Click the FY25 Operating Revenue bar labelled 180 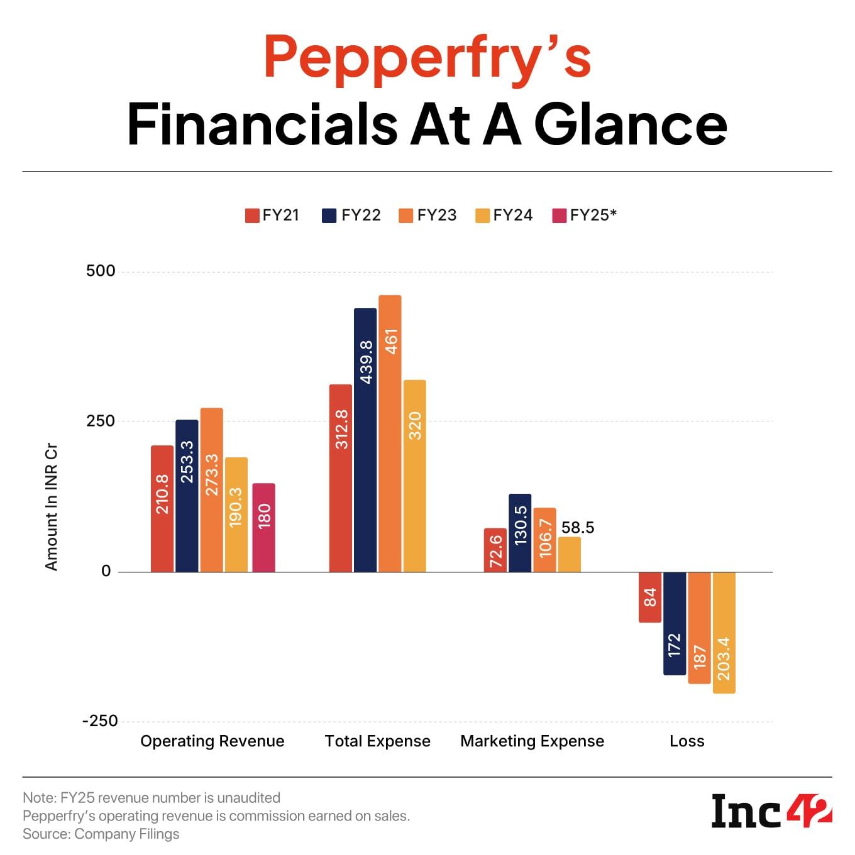[x=263, y=528]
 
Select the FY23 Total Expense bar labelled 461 [x=390, y=433]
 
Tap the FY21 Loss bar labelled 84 [x=650, y=597]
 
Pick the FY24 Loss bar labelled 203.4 [x=724, y=633]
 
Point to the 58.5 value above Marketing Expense [x=577, y=528]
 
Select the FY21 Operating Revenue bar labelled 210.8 [x=162, y=509]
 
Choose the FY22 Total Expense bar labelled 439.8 [x=365, y=440]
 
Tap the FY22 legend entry [x=351, y=215]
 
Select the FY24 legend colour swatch [x=482, y=215]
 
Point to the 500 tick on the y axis [x=101, y=271]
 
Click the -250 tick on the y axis [x=100, y=721]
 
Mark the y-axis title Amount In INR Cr [x=51, y=508]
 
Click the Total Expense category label [x=377, y=741]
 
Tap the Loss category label [x=687, y=741]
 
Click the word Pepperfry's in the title [x=427, y=58]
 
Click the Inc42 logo [x=771, y=812]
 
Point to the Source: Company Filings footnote [x=101, y=834]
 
